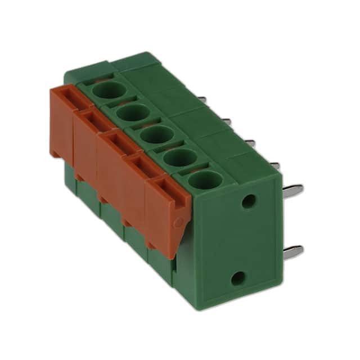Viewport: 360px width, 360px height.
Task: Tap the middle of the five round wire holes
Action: click(x=156, y=135)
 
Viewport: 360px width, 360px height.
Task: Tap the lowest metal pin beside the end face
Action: click(x=292, y=251)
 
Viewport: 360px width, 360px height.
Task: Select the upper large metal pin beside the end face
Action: click(x=292, y=190)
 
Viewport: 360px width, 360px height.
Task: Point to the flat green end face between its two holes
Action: click(x=243, y=238)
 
